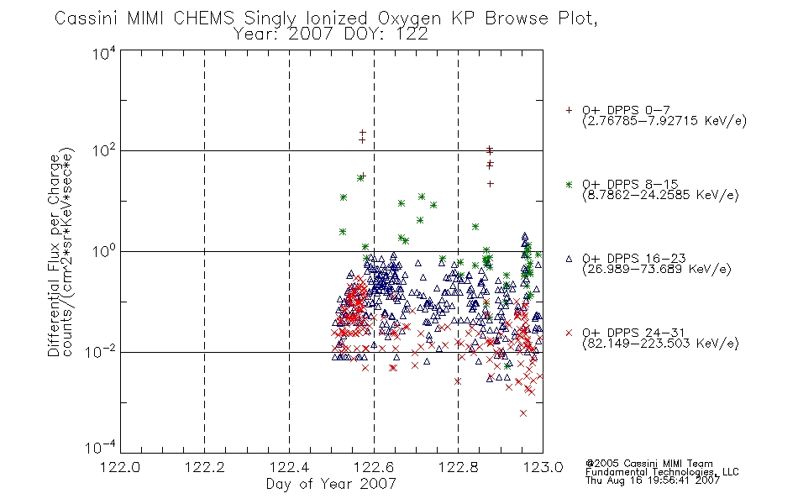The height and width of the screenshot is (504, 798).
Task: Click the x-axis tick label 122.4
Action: click(x=289, y=467)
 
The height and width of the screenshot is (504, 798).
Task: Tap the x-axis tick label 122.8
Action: click(x=458, y=467)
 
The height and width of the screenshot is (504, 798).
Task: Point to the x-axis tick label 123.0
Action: click(x=543, y=467)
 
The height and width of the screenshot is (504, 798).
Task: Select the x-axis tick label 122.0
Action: click(x=120, y=467)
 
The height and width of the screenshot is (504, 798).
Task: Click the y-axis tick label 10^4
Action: click(x=104, y=54)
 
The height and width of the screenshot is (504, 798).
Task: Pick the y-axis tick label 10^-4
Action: click(x=101, y=447)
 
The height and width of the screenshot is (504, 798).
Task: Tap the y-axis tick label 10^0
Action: click(x=104, y=251)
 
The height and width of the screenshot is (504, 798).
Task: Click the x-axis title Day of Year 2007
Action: click(x=331, y=484)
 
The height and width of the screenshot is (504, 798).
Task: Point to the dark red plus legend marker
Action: click(x=569, y=110)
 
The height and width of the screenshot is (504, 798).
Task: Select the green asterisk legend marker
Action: click(x=569, y=184)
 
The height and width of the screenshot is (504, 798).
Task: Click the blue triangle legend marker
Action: click(x=569, y=259)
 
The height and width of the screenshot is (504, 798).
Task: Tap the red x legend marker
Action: click(x=569, y=333)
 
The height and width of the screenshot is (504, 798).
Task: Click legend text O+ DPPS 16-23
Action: click(x=634, y=258)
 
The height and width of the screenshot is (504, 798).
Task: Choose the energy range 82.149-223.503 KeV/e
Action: click(x=660, y=343)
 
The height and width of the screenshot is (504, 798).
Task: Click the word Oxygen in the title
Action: click(x=410, y=18)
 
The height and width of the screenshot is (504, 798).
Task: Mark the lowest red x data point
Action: click(x=523, y=413)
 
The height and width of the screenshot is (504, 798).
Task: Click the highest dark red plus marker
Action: click(x=362, y=133)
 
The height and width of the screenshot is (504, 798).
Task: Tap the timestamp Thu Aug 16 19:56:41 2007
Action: click(x=653, y=480)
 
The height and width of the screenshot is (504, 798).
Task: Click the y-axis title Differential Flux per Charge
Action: click(x=54, y=255)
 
